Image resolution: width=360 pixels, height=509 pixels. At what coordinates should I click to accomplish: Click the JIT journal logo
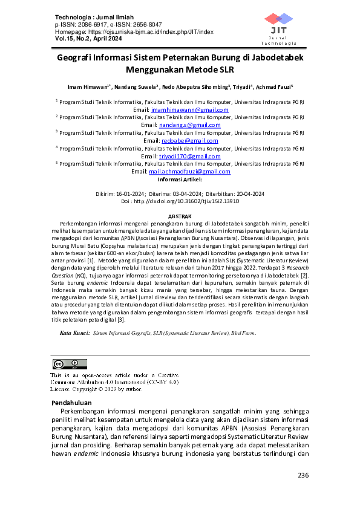(x=279, y=27)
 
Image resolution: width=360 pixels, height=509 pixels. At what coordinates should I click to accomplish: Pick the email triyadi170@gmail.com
(x=189, y=156)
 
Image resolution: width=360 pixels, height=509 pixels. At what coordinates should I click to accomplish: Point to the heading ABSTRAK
(x=180, y=216)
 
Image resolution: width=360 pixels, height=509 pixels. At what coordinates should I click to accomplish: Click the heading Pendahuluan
(x=71, y=402)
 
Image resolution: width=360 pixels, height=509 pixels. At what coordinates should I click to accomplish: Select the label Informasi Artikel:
(x=180, y=180)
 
